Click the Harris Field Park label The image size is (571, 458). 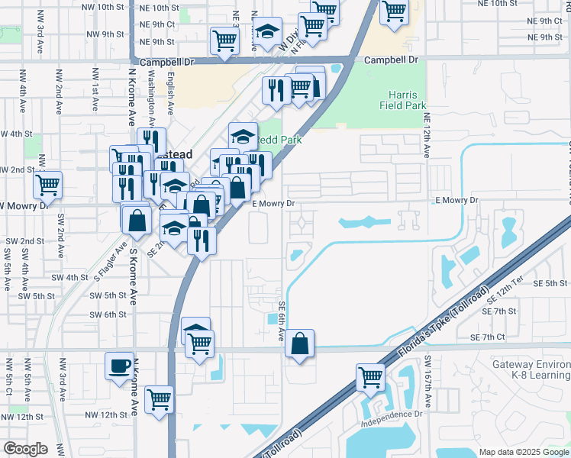(402, 98)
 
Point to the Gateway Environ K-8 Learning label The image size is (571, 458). (531, 370)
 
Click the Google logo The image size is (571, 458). (25, 449)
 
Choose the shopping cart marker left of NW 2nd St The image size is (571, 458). (48, 184)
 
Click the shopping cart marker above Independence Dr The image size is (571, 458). (370, 377)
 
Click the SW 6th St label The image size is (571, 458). (107, 314)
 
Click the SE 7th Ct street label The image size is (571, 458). (489, 337)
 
